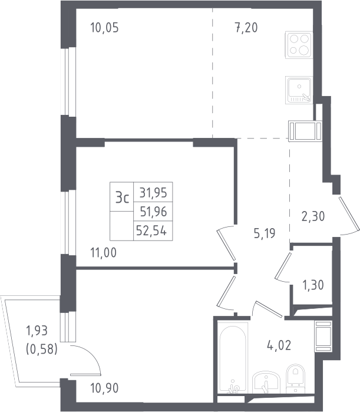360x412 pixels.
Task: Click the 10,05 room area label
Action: [104, 28]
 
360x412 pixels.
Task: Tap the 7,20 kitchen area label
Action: [246, 28]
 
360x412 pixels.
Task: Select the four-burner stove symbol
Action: [299, 45]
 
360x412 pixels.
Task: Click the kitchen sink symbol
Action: [299, 90]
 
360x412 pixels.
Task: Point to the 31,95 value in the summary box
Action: [153, 193]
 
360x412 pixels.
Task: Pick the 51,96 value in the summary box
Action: [153, 212]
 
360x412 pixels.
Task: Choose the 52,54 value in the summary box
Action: [151, 230]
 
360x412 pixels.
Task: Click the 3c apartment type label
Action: [123, 197]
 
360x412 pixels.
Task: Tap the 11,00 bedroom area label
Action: [104, 253]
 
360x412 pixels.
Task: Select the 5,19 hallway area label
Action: [265, 233]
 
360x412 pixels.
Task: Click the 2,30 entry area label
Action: [313, 216]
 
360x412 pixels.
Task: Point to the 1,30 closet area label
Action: [313, 285]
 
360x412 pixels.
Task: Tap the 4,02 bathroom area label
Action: [279, 345]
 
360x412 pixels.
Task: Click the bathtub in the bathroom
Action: [233, 358]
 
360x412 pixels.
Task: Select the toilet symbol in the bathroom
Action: [295, 378]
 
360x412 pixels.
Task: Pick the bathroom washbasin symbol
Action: [266, 383]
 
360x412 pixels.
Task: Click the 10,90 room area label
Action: [104, 388]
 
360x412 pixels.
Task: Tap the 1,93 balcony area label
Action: [37, 331]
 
